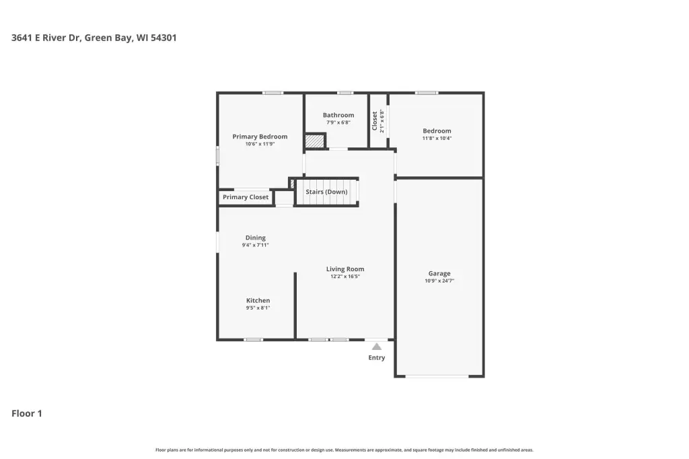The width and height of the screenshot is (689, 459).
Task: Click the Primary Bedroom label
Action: tap(260, 137)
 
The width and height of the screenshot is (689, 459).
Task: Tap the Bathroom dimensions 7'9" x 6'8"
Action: tap(338, 122)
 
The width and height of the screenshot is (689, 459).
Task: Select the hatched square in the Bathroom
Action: tap(315, 141)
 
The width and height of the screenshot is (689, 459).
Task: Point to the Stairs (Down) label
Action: tap(326, 192)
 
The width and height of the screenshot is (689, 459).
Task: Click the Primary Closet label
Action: tap(246, 197)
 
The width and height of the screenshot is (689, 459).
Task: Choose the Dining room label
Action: tap(255, 238)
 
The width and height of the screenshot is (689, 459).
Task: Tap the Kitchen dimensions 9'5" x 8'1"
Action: tap(258, 308)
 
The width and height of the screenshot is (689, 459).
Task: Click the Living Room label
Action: tap(345, 269)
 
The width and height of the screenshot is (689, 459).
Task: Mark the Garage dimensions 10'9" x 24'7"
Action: tap(439, 281)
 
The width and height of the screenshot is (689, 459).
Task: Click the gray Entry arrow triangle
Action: tap(377, 347)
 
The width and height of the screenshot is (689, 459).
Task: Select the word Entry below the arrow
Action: tap(377, 357)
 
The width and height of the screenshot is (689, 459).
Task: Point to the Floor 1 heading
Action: tap(27, 413)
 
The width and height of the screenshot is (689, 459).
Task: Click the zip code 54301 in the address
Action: tap(164, 38)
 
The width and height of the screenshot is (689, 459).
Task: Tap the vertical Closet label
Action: tap(374, 121)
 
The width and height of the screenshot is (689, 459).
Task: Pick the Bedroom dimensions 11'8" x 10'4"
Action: tap(437, 138)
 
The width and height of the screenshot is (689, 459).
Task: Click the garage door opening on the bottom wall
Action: tap(437, 376)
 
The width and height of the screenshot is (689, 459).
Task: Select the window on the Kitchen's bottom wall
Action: tap(254, 340)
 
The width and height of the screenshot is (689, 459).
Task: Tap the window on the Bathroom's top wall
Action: tap(345, 93)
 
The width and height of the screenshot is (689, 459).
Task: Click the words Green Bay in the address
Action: tap(108, 38)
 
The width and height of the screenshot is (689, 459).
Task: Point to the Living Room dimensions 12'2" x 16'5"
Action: tap(345, 277)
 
